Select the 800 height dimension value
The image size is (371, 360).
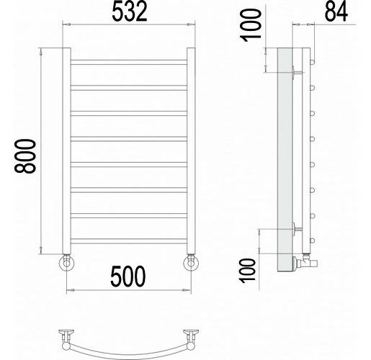point(25,156)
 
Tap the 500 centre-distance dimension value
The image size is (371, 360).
point(128,276)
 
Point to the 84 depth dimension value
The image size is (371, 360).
point(336,11)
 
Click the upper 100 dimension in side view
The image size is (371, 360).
point(251,25)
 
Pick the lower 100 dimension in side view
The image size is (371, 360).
point(248,271)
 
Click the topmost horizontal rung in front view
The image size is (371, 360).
point(129,62)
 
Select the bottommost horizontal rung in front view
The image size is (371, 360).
point(129,241)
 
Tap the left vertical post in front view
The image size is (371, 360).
point(67,150)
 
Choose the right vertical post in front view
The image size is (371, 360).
point(191,150)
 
